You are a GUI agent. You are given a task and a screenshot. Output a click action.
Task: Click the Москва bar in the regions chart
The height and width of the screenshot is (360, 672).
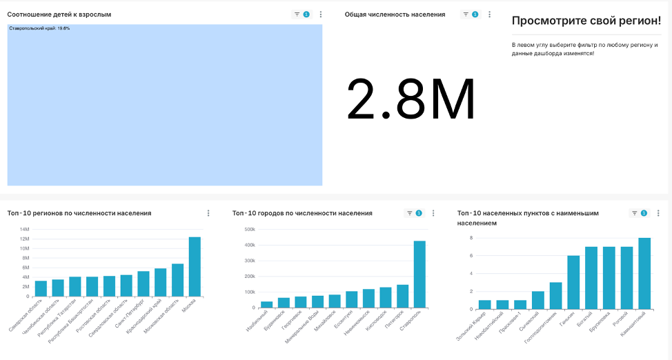pos(195,267)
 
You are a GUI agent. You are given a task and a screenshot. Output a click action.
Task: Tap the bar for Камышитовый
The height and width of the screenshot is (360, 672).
pos(644,273)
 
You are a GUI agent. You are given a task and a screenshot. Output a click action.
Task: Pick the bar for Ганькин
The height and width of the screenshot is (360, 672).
pos(573,282)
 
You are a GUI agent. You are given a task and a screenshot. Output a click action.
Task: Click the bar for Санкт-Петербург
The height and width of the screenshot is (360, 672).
pos(144,283)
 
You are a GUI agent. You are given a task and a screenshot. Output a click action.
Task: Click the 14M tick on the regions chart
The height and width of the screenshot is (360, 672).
pos(24,230)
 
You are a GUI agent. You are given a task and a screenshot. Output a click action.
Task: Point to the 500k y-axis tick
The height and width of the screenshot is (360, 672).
pos(248,230)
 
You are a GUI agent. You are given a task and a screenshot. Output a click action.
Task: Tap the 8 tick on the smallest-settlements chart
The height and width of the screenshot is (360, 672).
pos(471,238)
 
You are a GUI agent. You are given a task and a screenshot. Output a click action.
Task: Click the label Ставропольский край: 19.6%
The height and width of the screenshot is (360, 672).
pos(39,28)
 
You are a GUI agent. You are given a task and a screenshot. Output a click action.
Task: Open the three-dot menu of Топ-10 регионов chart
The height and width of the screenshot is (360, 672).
pos(208,213)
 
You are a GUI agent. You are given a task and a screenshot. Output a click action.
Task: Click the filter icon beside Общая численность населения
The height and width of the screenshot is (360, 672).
pos(466,14)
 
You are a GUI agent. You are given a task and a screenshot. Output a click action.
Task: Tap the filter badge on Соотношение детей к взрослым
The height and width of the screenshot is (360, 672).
pos(306,14)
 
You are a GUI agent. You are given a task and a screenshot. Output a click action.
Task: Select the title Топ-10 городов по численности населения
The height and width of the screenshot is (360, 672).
pos(302,213)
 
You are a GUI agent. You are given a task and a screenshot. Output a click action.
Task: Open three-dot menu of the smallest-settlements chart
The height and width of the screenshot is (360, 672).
pos(658,214)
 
